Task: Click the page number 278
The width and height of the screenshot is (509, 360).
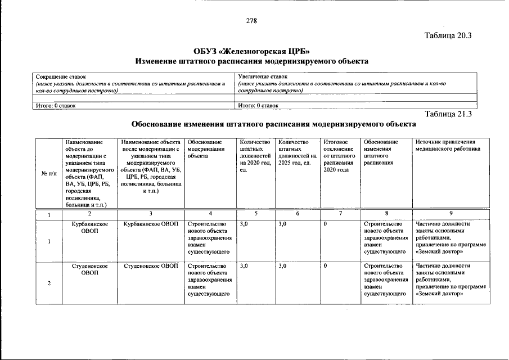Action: [251, 21]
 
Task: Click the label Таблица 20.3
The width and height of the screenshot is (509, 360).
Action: [448, 35]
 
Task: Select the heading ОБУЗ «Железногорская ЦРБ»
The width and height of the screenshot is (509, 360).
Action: [251, 51]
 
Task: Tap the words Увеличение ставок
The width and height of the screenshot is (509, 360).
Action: [262, 76]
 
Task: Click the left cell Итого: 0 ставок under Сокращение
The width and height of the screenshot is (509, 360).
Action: [56, 105]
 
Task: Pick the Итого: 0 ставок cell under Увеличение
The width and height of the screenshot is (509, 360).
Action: [258, 105]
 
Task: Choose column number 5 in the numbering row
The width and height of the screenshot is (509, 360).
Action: [255, 214]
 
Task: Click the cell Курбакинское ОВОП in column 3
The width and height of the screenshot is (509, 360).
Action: [151, 224]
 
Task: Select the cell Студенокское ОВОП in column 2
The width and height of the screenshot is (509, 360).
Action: [89, 269]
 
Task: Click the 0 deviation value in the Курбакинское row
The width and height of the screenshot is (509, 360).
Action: [326, 224]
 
